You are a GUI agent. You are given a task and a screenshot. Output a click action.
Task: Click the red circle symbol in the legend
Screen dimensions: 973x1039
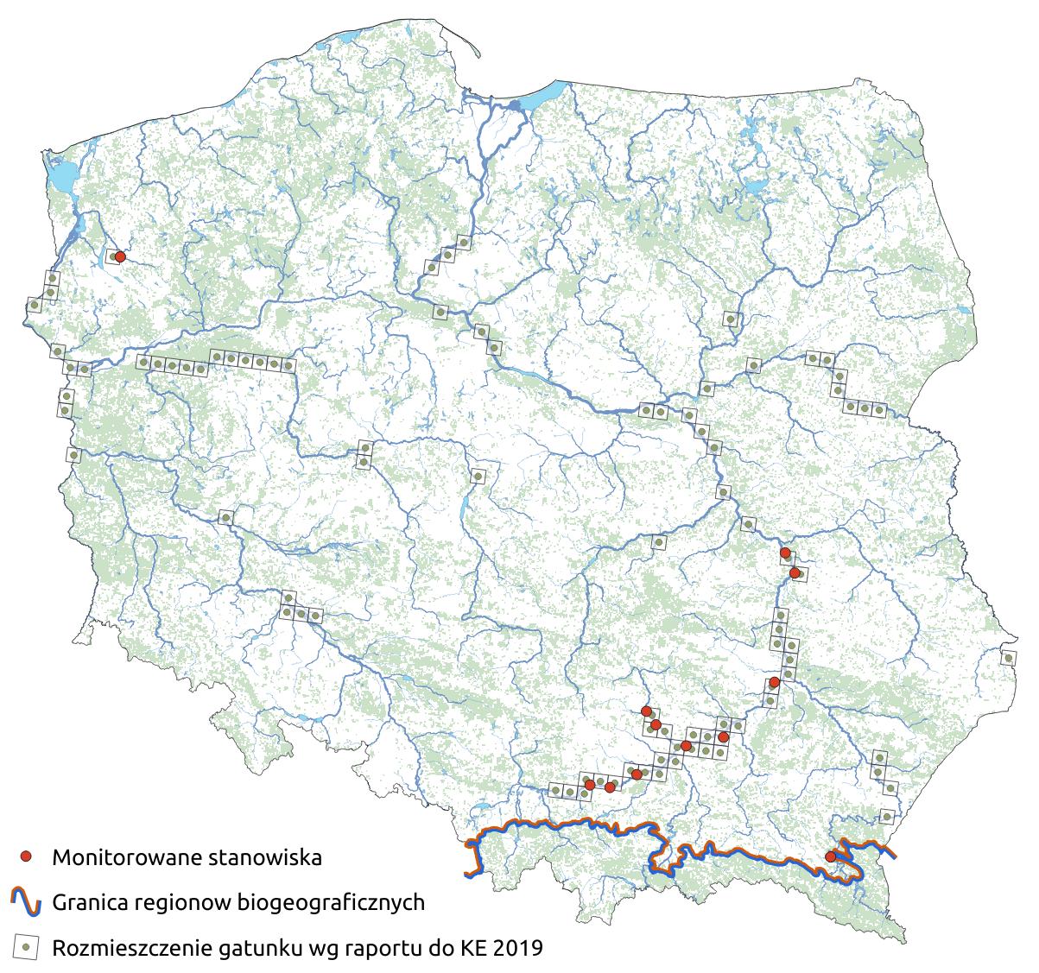[x=26, y=856]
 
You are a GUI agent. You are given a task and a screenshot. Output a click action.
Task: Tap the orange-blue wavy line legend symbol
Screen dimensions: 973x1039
[x=26, y=902]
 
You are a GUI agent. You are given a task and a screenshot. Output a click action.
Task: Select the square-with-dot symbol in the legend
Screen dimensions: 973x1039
[x=26, y=948]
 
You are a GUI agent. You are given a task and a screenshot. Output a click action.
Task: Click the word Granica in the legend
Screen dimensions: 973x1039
[x=89, y=904]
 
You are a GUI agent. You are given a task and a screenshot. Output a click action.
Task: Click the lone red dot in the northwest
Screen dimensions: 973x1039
[x=120, y=256]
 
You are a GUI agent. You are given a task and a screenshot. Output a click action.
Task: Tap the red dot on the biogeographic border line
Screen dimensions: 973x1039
[x=830, y=856]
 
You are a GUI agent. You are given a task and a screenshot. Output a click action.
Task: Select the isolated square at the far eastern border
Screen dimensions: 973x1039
[x=1008, y=658]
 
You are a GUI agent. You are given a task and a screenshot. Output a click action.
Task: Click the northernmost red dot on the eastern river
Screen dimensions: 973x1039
[x=785, y=553]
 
